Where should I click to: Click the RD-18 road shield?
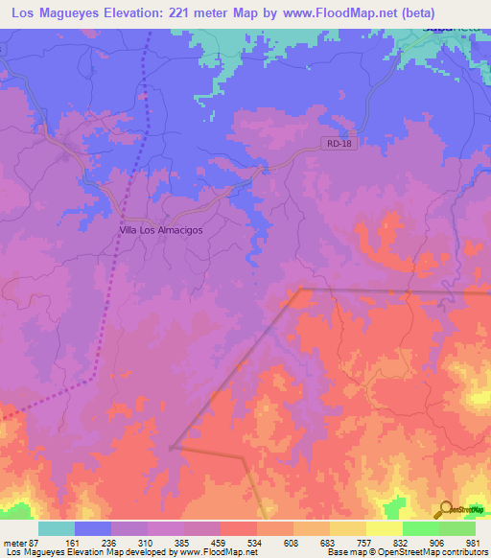tap(332, 144)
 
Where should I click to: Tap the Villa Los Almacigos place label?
tap(160, 230)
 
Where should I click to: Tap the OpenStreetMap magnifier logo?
tap(445, 510)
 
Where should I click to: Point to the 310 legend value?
tap(149, 543)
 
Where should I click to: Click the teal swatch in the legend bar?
tap(57, 528)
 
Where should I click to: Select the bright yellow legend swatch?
tap(384, 528)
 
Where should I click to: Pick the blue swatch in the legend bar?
tap(93, 528)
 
